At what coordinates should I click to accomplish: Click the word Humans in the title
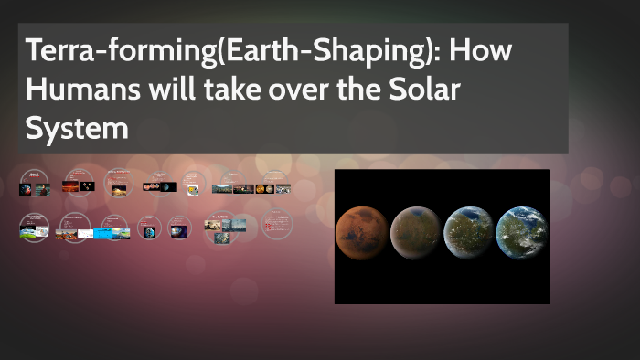pyautogui.click(x=72, y=90)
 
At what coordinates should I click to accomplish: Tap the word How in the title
pyautogui.click(x=481, y=51)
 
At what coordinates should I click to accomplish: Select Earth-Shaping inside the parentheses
pyautogui.click(x=305, y=51)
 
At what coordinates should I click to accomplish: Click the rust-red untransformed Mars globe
pyautogui.click(x=362, y=233)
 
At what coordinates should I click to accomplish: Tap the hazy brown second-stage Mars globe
pyautogui.click(x=415, y=234)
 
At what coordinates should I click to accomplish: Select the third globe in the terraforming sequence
pyautogui.click(x=468, y=234)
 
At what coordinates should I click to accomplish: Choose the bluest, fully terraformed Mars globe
pyautogui.click(x=521, y=234)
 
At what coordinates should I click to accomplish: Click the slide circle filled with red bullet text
pyautogui.click(x=274, y=223)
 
